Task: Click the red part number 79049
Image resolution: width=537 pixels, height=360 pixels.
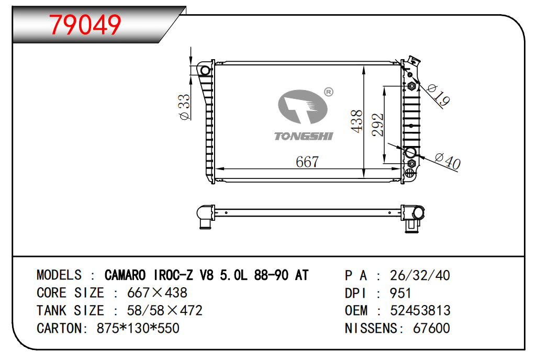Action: [85, 24]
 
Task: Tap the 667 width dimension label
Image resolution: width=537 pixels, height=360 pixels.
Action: [307, 162]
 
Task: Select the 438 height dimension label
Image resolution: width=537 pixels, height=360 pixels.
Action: [356, 121]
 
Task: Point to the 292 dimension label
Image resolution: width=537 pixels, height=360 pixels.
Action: [377, 125]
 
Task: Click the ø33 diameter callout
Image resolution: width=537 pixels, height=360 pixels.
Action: [184, 107]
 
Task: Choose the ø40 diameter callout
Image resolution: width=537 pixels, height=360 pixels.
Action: [447, 161]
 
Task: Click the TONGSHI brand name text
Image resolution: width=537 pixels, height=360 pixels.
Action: [304, 137]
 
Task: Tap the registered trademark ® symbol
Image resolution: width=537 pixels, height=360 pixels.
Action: [329, 92]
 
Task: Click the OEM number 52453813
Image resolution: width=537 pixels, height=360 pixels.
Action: [420, 311]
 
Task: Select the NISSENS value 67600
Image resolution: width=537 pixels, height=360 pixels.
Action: [431, 328]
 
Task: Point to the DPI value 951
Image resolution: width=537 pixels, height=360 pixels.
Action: [400, 293]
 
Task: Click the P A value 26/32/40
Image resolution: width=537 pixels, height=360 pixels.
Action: [420, 275]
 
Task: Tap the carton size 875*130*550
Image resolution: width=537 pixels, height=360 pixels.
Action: [138, 328]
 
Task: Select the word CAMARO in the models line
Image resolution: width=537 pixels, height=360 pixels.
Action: [125, 275]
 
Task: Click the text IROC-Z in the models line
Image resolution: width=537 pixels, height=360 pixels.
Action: [173, 275]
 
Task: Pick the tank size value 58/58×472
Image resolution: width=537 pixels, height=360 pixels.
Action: [165, 310]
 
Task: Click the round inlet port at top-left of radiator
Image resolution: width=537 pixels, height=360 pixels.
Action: [205, 71]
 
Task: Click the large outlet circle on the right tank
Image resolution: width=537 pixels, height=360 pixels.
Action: [410, 152]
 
